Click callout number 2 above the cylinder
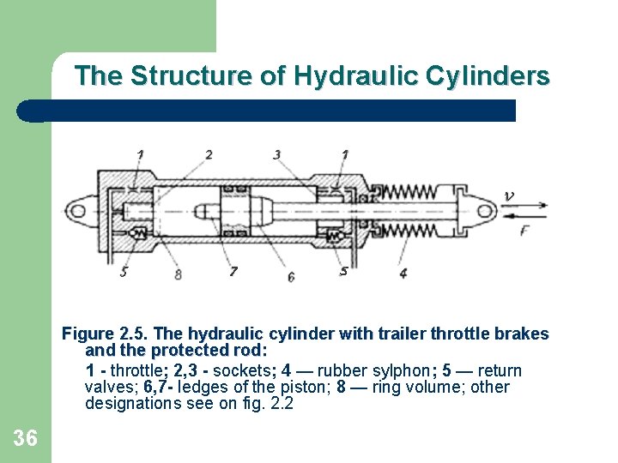[209, 154]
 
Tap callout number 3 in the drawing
[276, 154]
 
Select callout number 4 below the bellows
[403, 274]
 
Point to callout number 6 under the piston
[291, 277]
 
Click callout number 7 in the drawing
[233, 272]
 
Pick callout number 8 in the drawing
[178, 274]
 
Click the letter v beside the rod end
[509, 195]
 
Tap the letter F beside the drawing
[525, 229]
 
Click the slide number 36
[26, 439]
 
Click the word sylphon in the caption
[409, 370]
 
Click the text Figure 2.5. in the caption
[101, 334]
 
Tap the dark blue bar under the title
[266, 111]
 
